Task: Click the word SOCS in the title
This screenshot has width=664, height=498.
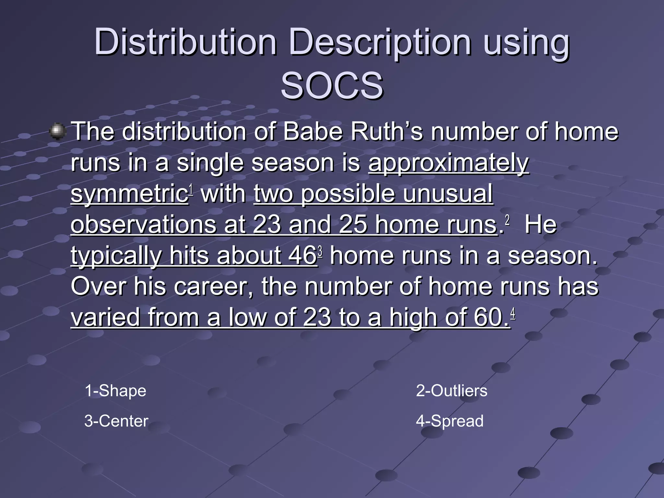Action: pos(332,86)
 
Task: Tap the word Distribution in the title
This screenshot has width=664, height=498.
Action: pos(185,42)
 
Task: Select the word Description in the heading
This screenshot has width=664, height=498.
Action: pos(380,42)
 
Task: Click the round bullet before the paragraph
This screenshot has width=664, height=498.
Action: pos(57,132)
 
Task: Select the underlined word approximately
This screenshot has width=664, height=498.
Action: pos(448,163)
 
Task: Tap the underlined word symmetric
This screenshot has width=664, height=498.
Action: pos(129,194)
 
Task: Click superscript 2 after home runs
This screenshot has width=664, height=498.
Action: pos(507,220)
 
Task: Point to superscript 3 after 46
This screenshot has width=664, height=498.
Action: pos(320,251)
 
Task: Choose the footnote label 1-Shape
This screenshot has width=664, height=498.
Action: pos(115,391)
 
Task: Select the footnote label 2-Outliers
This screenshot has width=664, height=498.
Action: pos(451,391)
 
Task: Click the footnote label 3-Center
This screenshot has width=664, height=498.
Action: pos(116,421)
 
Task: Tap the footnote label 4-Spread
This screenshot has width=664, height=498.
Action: pos(450,421)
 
